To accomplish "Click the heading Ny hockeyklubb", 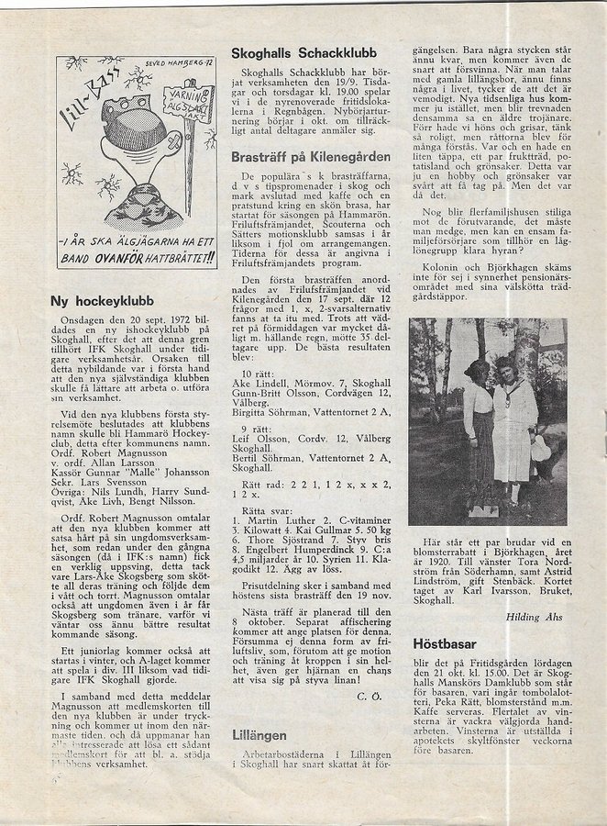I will pyautogui.click(x=102, y=300).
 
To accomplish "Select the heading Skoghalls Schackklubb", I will pyautogui.click(x=300, y=53).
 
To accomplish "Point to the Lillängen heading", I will pyautogui.click(x=259, y=735).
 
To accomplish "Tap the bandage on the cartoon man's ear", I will pyautogui.click(x=165, y=148).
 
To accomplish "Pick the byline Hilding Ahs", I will pyautogui.click(x=535, y=618).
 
